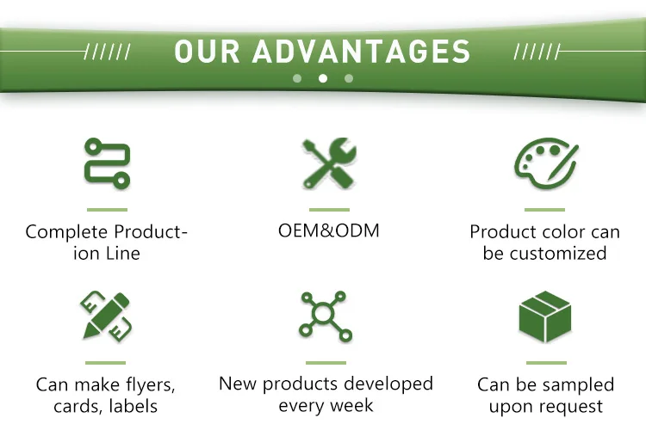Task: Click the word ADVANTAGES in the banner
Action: pos(361,52)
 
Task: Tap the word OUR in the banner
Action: pos(207,52)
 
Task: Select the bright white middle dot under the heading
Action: pos(323,78)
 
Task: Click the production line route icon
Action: pos(107,163)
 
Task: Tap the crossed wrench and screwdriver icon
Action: pos(329,163)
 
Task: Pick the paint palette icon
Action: pos(546,163)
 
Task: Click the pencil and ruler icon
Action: pos(106,316)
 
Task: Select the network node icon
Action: pos(326,316)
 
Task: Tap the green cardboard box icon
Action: pos(545,316)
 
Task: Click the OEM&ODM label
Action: pos(329,230)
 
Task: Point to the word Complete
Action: pos(66,232)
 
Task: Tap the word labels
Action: pos(134,406)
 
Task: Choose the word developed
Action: pos(388,384)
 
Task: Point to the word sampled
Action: pos(579,385)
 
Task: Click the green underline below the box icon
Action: pos(546,363)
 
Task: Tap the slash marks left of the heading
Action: pos(107,52)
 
